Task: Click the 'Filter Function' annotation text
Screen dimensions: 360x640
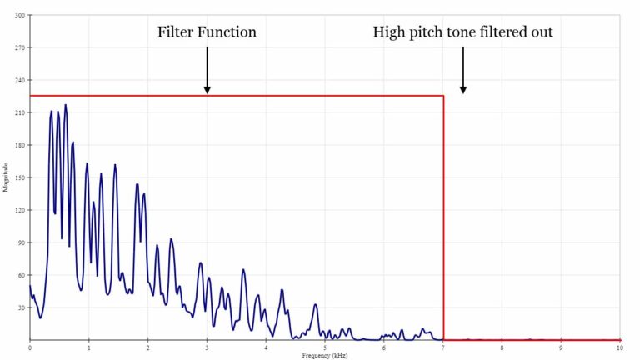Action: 207,32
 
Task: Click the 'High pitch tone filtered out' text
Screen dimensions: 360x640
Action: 462,32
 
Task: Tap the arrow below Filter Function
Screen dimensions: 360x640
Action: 207,70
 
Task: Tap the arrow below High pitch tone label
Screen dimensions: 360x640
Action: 463,70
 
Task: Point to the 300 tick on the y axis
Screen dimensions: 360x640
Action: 19,15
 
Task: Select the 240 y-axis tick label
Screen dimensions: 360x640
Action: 19,80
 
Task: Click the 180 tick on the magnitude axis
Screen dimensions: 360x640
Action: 19,145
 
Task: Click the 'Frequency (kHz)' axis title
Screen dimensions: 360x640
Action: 324,355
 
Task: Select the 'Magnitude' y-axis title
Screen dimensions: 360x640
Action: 6,177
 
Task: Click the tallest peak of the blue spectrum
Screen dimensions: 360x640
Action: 65,106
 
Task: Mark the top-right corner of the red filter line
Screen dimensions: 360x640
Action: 443,96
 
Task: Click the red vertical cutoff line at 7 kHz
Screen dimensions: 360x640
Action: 443,217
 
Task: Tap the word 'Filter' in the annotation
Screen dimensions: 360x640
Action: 176,32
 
